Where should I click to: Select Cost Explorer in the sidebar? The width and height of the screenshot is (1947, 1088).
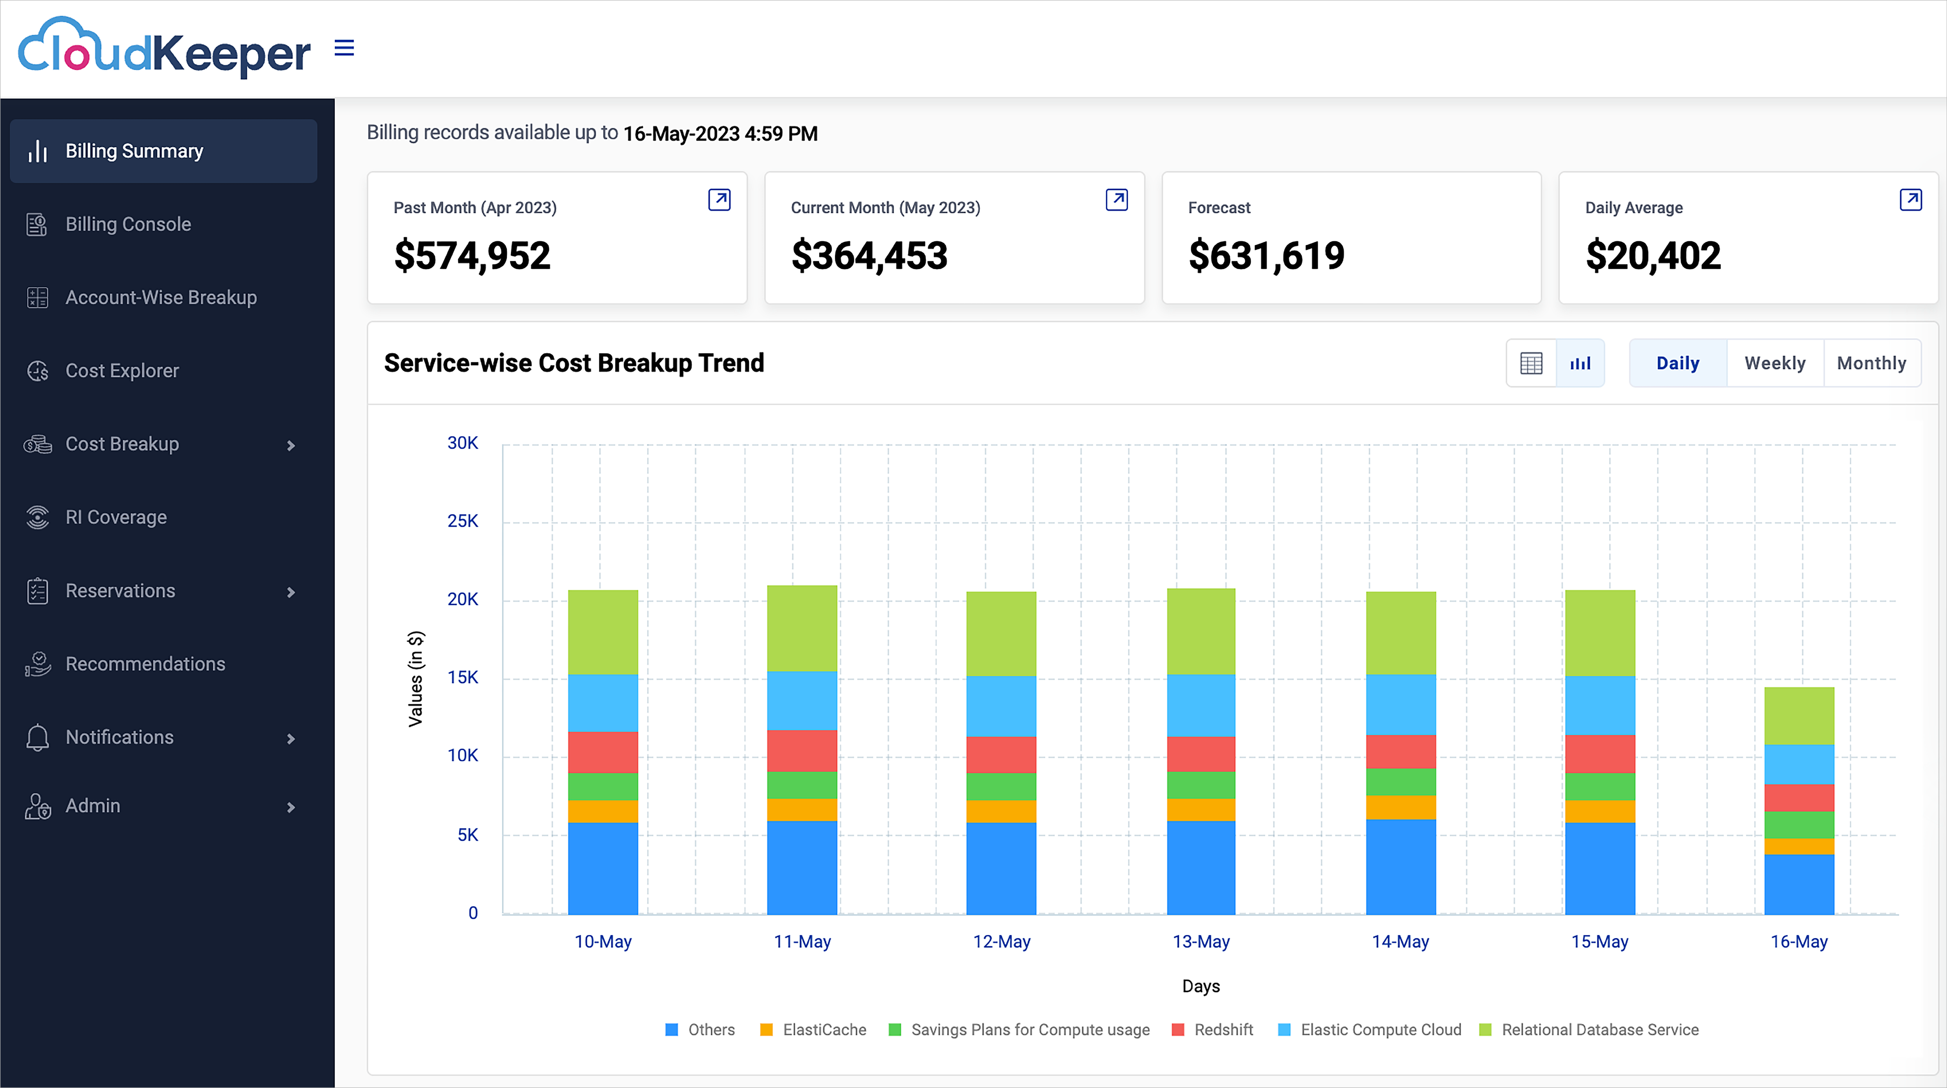[x=122, y=371]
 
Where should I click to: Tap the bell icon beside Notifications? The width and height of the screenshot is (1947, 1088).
[x=37, y=737]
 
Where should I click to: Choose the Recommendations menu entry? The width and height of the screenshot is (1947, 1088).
[x=145, y=664]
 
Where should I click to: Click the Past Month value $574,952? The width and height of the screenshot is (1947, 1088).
[x=471, y=255]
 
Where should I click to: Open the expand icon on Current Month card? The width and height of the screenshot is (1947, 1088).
[x=1116, y=200]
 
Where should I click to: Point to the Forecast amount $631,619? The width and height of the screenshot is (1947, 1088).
[x=1266, y=255]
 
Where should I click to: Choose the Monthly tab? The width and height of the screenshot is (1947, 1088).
[x=1871, y=363]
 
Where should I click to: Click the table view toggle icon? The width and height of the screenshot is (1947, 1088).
[x=1530, y=363]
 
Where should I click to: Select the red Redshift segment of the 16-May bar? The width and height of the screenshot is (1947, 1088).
[x=1798, y=798]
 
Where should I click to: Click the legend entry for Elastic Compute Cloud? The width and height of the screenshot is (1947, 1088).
[x=1380, y=1030]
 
